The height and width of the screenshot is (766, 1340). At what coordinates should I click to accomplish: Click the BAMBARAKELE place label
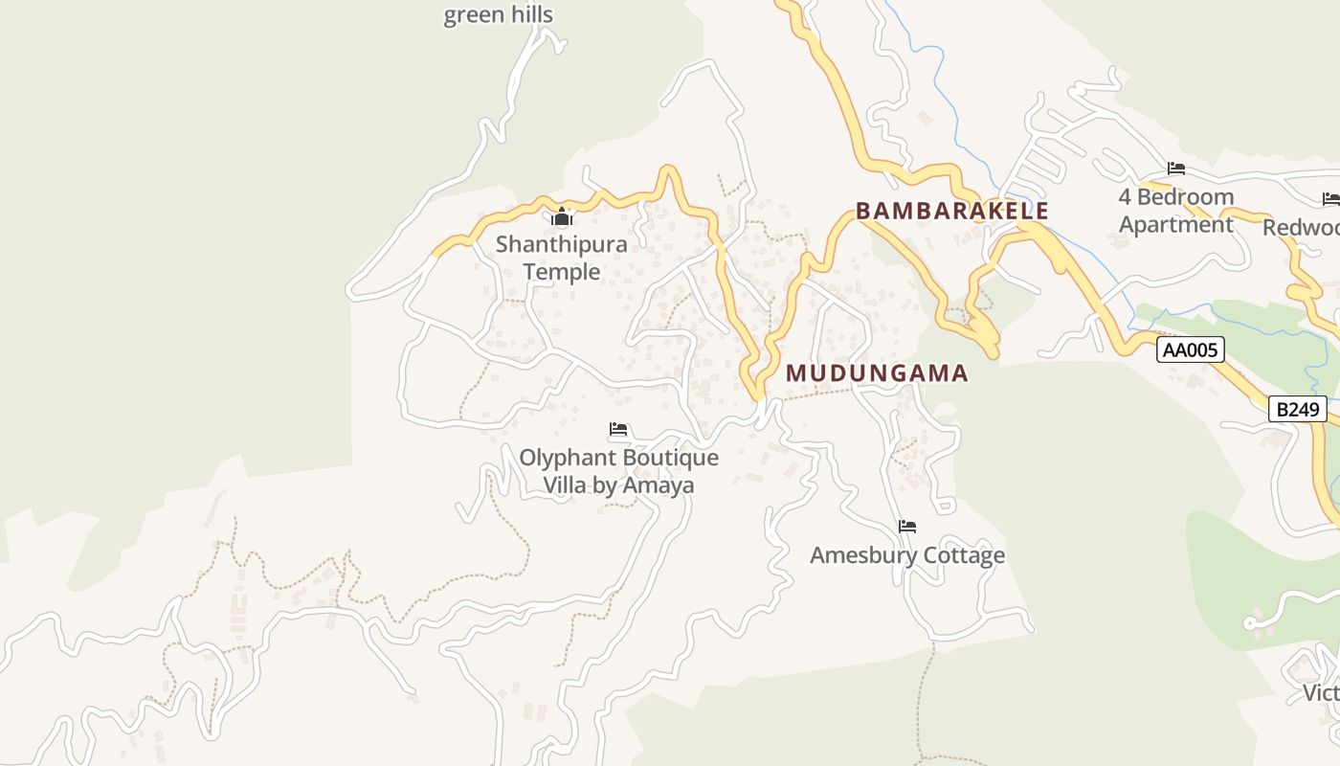951,211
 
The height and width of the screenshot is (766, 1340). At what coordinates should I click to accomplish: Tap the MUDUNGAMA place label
877,373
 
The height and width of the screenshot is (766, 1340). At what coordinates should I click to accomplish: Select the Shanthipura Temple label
562,258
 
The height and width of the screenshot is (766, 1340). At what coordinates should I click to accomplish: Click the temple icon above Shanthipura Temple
562,217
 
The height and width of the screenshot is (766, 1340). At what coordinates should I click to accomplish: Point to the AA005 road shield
1191,349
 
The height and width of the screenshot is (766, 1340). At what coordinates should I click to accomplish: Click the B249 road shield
1298,410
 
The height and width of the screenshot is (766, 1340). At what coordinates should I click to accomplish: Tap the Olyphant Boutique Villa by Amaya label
618,471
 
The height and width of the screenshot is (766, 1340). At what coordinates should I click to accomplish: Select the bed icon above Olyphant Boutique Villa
618,429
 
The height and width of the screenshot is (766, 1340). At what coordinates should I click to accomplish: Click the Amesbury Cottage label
907,555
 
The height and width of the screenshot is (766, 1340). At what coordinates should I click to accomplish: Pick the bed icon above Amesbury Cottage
907,526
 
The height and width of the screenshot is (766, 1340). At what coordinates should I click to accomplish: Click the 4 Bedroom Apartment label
1176,211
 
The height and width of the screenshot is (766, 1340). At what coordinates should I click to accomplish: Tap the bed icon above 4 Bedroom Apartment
1176,169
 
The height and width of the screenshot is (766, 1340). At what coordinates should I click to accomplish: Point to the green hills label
498,15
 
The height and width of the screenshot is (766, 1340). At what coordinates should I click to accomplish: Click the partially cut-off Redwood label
1301,227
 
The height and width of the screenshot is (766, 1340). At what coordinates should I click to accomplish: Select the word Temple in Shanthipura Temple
562,272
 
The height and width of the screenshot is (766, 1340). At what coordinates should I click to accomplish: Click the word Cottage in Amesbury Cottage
960,555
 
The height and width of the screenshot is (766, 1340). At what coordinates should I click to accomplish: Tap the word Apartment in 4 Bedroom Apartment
1176,225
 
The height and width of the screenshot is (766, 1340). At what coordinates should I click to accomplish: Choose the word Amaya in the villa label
659,485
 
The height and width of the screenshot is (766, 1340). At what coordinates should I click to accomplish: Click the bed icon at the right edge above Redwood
1330,199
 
